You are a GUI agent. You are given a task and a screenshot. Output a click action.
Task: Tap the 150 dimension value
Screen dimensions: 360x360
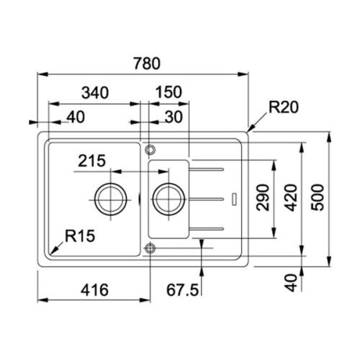point(168,92)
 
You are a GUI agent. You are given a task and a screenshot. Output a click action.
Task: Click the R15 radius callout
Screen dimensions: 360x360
point(79,235)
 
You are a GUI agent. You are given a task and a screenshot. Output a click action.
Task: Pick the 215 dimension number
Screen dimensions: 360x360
point(93,161)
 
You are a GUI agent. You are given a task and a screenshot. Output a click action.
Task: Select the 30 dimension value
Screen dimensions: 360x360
point(173,117)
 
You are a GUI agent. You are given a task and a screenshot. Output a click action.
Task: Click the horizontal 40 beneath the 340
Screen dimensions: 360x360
point(75,117)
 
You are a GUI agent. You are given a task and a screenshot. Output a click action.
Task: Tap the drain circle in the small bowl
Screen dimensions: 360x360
point(168,195)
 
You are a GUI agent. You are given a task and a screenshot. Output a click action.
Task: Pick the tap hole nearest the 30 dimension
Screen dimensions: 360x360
point(150,150)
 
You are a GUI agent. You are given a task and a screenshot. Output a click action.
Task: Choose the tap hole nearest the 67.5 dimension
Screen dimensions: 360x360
point(150,248)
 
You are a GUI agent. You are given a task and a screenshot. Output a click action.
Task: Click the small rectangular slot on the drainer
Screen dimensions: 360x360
point(235,196)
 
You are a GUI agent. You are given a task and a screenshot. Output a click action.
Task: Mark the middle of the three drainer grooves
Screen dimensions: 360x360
point(207,196)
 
